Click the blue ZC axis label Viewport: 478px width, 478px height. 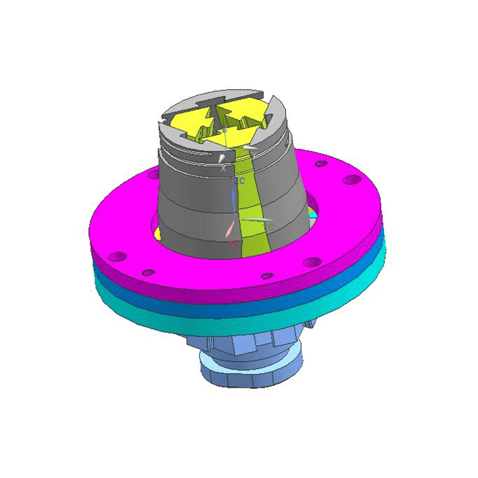coord(240,180)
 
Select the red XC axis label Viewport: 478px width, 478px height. coord(233,244)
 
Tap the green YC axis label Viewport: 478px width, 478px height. coord(270,228)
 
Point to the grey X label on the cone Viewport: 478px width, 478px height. coord(223,168)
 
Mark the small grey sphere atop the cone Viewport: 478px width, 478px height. coord(224,130)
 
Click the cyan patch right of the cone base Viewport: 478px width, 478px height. coord(312,214)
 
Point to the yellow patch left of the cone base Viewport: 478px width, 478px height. coord(157,233)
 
